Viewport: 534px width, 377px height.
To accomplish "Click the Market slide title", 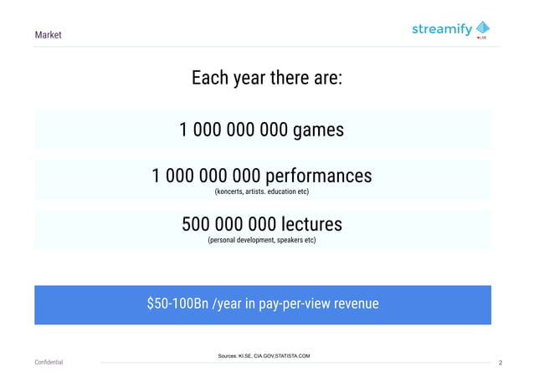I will [48, 35].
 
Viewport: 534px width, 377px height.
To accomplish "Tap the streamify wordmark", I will [441, 29].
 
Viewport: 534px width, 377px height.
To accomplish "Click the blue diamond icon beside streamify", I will [482, 28].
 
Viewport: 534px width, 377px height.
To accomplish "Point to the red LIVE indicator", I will [482, 39].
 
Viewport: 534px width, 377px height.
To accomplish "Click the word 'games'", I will [318, 130].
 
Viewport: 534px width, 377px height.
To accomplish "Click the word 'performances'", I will [319, 176].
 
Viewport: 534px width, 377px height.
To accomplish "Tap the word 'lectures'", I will [309, 224].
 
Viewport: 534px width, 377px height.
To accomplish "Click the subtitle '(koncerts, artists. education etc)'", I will [262, 193].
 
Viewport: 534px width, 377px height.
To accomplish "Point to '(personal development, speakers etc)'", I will [261, 241].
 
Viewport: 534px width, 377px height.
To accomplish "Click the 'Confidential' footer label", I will [48, 363].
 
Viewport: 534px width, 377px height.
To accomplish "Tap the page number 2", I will [500, 363].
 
